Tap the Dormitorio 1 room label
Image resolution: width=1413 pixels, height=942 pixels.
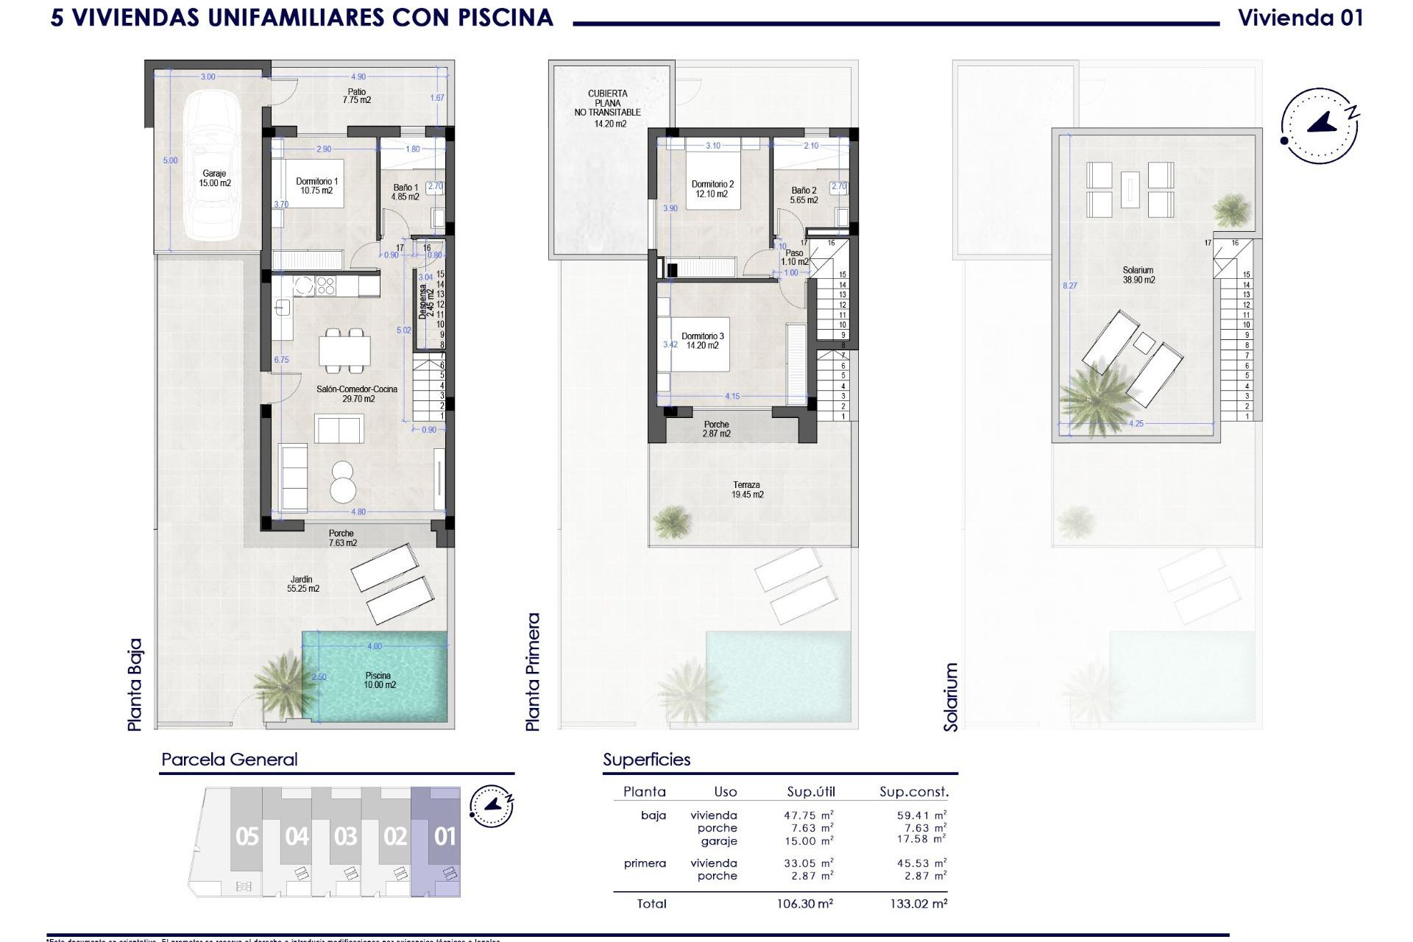pos(316,186)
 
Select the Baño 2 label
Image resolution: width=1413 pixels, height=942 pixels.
pos(804,195)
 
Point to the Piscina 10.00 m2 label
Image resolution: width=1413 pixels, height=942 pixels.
pos(379,680)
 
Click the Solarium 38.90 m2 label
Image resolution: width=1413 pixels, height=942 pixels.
pos(1138,275)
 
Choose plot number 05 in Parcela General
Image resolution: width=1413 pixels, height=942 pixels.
pos(247,837)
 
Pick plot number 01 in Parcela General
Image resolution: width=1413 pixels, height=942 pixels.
pos(445,837)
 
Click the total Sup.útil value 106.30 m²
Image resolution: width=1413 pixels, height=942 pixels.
pos(808,904)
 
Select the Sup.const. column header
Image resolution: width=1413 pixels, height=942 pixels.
pos(914,792)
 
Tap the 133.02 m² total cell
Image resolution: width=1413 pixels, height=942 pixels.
pos(918,904)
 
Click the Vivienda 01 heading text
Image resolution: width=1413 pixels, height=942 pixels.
pos(1300,18)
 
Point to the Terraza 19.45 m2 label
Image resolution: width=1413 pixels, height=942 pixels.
pos(747,490)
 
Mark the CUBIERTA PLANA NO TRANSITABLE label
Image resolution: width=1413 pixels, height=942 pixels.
pos(608,108)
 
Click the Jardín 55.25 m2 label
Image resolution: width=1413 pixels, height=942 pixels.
pos(302,584)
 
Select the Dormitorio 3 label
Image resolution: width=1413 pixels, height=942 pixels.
pos(702,341)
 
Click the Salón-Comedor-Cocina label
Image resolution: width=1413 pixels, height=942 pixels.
pos(358,394)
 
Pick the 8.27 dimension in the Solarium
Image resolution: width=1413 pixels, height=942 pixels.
pos(1069,286)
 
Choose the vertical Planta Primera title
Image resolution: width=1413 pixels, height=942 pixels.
pos(533,672)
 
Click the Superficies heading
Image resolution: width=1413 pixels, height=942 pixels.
pos(647,759)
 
